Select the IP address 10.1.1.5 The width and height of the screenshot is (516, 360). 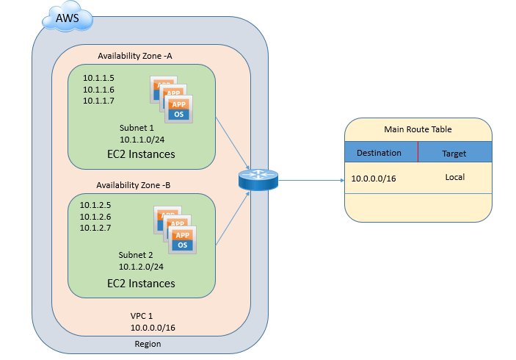click(98, 78)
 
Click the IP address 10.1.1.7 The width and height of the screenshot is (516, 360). click(98, 101)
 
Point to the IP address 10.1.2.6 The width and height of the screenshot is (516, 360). click(95, 216)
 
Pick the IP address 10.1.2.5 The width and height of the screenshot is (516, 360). click(95, 205)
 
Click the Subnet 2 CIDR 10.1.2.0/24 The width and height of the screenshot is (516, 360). click(141, 267)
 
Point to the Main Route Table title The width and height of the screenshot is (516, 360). click(418, 129)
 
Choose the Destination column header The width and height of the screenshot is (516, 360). click(379, 153)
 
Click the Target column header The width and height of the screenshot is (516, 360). click(454, 154)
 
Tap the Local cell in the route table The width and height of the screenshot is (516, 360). click(454, 178)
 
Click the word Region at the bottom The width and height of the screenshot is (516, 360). click(148, 344)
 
